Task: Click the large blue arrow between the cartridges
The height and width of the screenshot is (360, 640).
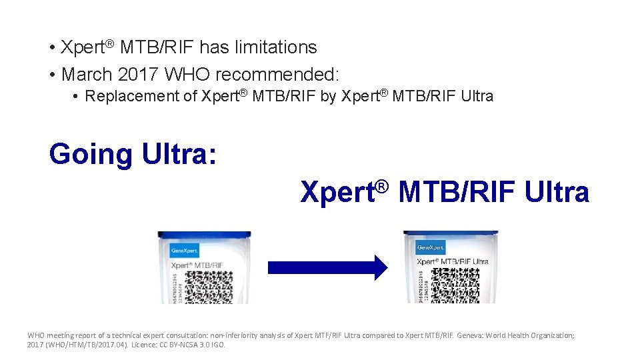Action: [x=327, y=267]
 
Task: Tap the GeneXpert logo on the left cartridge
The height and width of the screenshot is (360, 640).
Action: [x=185, y=251]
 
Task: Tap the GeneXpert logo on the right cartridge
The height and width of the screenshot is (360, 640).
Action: [x=431, y=248]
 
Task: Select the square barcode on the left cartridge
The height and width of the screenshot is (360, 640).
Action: [x=208, y=287]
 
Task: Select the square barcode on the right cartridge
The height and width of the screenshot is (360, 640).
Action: [x=455, y=284]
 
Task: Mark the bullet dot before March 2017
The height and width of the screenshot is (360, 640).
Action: [x=51, y=73]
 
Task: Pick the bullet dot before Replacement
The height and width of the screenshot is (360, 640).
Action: [x=77, y=97]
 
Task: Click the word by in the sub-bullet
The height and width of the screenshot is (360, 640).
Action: [x=328, y=96]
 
